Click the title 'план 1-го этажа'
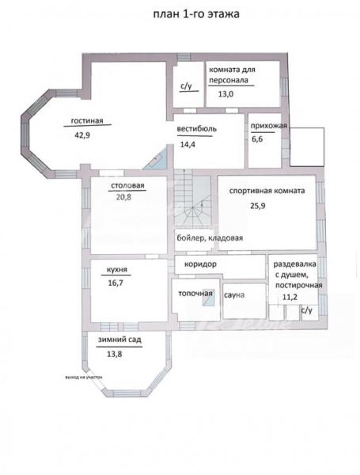(x=196, y=14)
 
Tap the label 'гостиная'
(x=87, y=120)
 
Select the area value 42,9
(x=82, y=135)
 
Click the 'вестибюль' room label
(x=197, y=129)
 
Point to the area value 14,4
(x=188, y=145)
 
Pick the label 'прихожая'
(x=269, y=126)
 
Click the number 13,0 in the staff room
(x=225, y=94)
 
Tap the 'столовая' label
(x=127, y=185)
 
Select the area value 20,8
(x=124, y=197)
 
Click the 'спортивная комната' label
(x=267, y=191)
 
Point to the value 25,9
(x=258, y=206)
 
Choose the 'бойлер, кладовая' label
(x=210, y=237)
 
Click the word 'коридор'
(x=200, y=264)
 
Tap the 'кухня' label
(x=117, y=270)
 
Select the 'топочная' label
(x=195, y=293)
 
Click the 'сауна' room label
(x=234, y=295)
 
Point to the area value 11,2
(x=290, y=297)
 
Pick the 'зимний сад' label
(x=119, y=340)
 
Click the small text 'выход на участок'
(x=84, y=378)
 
